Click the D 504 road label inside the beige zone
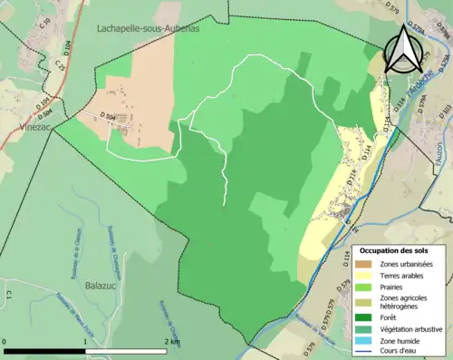click(x=106, y=117)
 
